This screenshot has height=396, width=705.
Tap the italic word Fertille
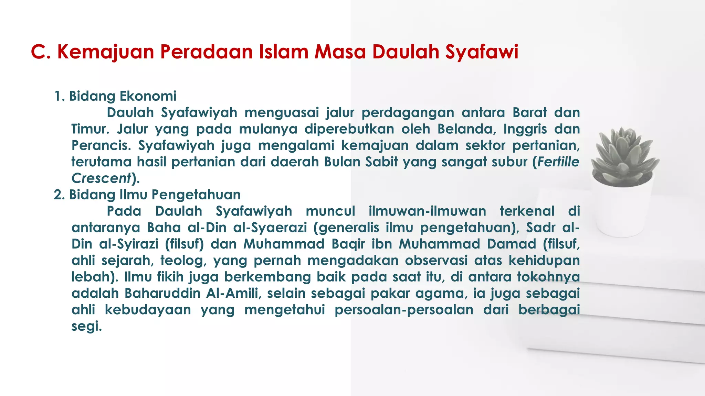point(558,162)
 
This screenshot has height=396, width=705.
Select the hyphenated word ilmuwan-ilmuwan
point(427,211)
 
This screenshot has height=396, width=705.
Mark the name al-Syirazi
point(129,244)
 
